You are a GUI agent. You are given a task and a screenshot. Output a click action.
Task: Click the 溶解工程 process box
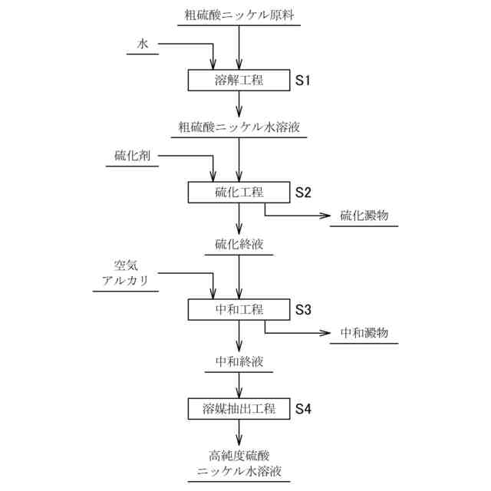(x=239, y=81)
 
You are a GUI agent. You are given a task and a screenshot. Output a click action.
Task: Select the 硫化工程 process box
(x=239, y=192)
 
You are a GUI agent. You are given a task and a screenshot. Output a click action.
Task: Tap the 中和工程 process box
(x=239, y=309)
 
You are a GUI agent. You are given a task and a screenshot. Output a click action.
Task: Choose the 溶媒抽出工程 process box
(x=239, y=408)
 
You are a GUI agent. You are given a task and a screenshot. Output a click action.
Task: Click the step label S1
(x=304, y=81)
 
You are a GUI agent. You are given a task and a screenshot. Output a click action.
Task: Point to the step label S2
(x=304, y=192)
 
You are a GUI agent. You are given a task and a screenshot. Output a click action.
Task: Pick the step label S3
(x=304, y=309)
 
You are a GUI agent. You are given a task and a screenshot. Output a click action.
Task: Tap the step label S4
(x=304, y=408)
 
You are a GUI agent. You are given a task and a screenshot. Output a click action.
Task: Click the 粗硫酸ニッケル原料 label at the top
(x=239, y=15)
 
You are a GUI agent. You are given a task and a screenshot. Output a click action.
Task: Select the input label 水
(x=143, y=45)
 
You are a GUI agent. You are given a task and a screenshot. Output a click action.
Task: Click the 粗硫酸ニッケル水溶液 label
(x=239, y=127)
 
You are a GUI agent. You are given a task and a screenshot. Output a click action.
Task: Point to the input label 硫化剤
(x=131, y=156)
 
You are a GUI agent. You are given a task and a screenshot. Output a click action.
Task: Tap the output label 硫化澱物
(x=364, y=216)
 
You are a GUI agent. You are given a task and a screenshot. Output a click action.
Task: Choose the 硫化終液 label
(x=239, y=245)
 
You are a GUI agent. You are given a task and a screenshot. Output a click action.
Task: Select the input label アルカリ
(x=125, y=282)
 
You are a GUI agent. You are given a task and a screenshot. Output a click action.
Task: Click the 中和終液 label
(x=239, y=361)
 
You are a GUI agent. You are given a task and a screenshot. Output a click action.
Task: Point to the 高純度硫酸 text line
(x=239, y=456)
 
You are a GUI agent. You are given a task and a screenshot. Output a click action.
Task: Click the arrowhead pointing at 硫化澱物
(x=325, y=216)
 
